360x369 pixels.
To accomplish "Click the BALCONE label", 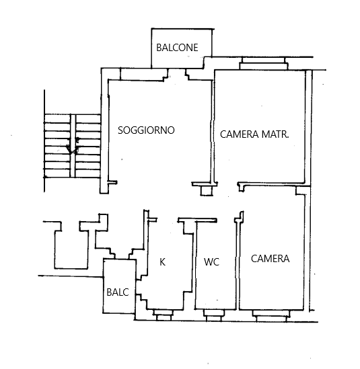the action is (x=177, y=48).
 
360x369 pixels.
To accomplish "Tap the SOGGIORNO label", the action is (x=146, y=130).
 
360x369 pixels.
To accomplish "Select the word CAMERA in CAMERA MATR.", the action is (x=239, y=134).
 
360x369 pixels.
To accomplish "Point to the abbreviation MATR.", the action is (x=275, y=134).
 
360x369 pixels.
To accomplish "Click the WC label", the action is (x=211, y=262).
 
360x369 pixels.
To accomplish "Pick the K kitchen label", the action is (x=162, y=261).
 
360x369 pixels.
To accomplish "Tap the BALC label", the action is (x=118, y=292).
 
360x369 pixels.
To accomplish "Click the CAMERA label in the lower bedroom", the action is (x=270, y=259).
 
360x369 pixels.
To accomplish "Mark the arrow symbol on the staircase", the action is (x=73, y=146).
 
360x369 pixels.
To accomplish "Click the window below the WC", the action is (x=214, y=315).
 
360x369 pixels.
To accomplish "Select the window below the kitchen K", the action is (x=164, y=315).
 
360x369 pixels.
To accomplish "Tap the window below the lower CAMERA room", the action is (x=271, y=316).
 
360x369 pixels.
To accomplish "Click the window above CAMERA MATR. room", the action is (x=264, y=63).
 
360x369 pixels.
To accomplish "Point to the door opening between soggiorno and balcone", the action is (x=177, y=75).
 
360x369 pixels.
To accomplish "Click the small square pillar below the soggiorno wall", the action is (x=207, y=191).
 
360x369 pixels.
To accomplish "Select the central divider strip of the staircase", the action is (x=73, y=146).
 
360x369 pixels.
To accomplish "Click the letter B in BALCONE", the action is (x=159, y=48).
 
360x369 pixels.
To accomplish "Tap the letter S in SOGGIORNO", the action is (x=120, y=130).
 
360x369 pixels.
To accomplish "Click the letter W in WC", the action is (x=209, y=262).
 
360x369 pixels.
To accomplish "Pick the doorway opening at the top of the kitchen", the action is (x=168, y=220).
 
